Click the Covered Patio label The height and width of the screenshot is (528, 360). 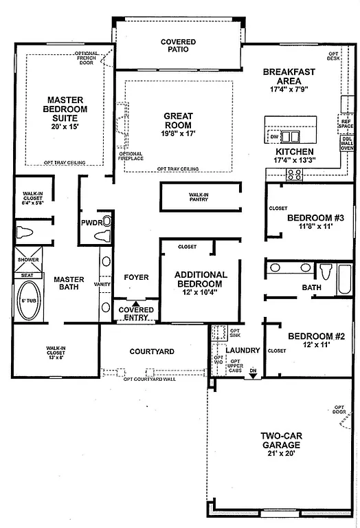point(178,46)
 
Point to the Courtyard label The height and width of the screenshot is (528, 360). point(152,352)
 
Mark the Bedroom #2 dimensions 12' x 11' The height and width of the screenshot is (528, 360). point(311,345)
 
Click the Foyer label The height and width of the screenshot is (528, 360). point(136,278)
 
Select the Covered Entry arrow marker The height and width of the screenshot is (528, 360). point(136,303)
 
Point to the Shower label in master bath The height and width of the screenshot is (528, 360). point(27,260)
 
